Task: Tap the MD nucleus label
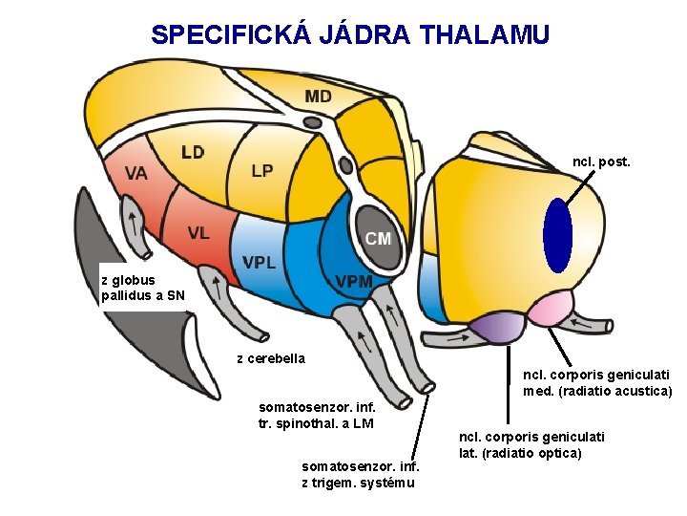click(x=319, y=97)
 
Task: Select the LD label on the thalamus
click(x=193, y=152)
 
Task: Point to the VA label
click(x=135, y=173)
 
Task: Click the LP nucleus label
click(x=262, y=171)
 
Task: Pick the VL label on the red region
click(x=198, y=232)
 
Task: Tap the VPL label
click(x=260, y=262)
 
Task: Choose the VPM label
click(x=354, y=282)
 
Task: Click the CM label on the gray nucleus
click(x=378, y=239)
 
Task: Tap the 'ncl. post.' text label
click(x=601, y=162)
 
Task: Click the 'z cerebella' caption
click(x=271, y=358)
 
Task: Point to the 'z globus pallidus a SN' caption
click(x=143, y=288)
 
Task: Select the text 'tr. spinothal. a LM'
click(x=316, y=423)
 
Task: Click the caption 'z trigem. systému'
click(x=358, y=482)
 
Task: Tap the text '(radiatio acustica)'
click(x=597, y=391)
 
